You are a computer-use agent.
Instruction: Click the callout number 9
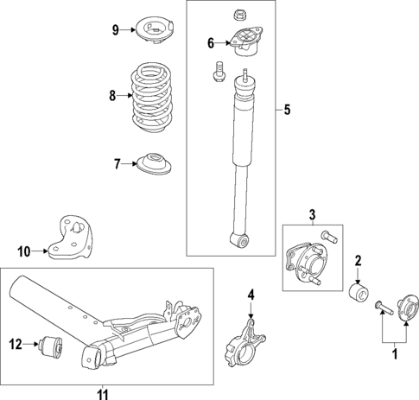(114, 31)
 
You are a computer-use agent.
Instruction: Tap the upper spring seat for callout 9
(152, 31)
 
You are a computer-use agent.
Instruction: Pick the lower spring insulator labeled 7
(156, 162)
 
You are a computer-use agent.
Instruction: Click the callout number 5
(288, 110)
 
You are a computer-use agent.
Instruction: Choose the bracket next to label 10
(72, 238)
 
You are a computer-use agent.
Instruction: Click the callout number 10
(24, 251)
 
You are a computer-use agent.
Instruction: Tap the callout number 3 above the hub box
(313, 213)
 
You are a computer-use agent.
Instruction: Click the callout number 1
(397, 352)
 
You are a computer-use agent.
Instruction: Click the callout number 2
(359, 260)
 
